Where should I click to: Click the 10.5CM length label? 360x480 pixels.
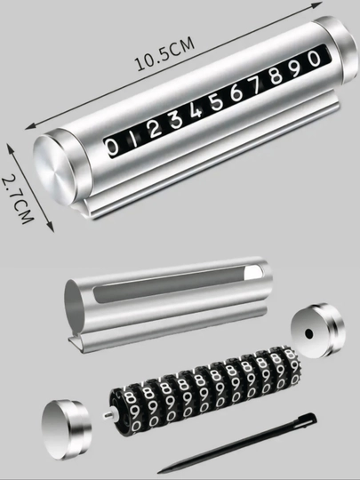click(164, 53)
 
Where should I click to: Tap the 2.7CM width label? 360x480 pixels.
click(18, 199)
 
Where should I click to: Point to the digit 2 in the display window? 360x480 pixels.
click(155, 129)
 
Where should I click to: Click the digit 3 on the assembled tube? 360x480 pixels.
click(176, 119)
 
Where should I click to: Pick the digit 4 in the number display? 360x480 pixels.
click(196, 110)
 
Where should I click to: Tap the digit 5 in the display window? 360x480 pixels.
click(217, 101)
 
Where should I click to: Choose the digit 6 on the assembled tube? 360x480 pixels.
click(236, 92)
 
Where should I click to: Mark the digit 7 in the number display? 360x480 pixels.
click(256, 84)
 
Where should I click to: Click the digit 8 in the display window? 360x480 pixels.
click(276, 75)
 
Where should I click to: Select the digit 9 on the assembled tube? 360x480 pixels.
click(296, 67)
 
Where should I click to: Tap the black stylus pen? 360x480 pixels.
click(237, 443)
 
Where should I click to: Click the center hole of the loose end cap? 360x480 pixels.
click(309, 333)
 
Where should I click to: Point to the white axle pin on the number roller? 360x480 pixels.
click(108, 415)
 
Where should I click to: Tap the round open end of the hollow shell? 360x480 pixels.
click(74, 304)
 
